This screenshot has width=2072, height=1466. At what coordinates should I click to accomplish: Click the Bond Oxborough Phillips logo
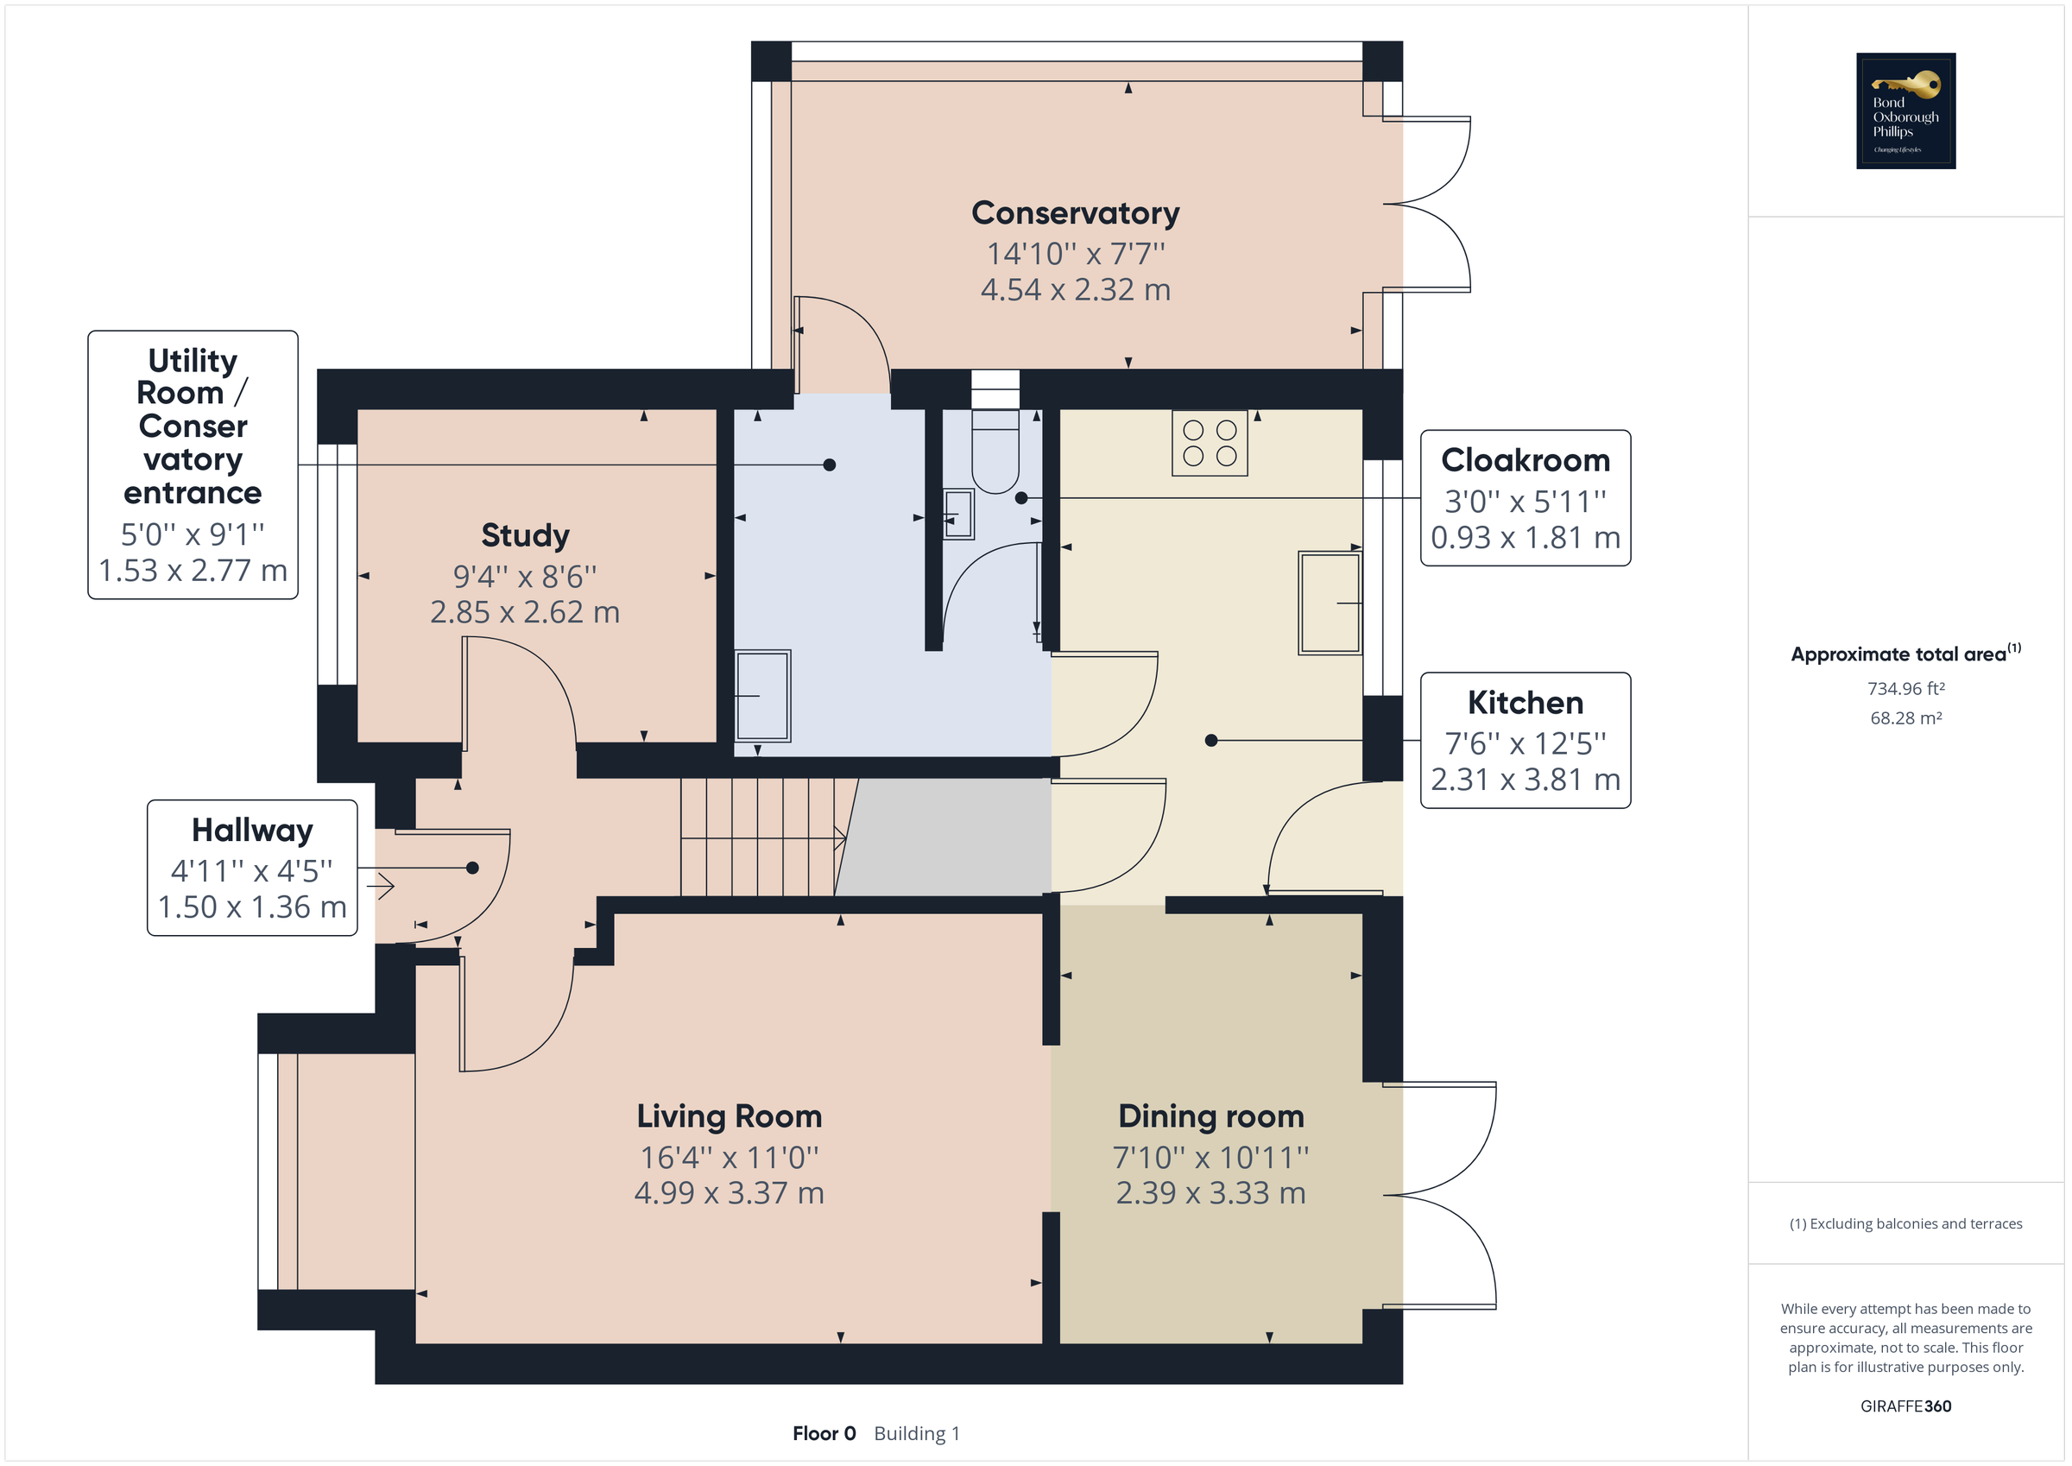pyautogui.click(x=1905, y=111)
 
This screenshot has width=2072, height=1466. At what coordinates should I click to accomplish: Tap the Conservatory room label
pyautogui.click(x=1075, y=213)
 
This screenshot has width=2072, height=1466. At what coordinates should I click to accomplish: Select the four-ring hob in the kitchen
pyautogui.click(x=1210, y=443)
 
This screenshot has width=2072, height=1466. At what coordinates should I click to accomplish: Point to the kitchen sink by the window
pyautogui.click(x=1329, y=603)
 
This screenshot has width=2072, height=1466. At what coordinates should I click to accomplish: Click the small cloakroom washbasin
pyautogui.click(x=957, y=514)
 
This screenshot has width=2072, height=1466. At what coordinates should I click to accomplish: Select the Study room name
pyautogui.click(x=525, y=535)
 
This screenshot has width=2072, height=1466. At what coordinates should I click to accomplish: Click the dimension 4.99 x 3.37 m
pyautogui.click(x=730, y=1193)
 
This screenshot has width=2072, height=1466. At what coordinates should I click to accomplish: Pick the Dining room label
pyautogui.click(x=1210, y=1116)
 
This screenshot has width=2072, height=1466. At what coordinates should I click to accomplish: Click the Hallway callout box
pyautogui.click(x=253, y=868)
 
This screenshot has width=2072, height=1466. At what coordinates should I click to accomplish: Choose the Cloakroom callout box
pyautogui.click(x=1526, y=498)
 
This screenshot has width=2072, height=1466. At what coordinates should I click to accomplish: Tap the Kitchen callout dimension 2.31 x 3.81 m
pyautogui.click(x=1526, y=780)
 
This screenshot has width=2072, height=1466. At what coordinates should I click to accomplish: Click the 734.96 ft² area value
pyautogui.click(x=1905, y=689)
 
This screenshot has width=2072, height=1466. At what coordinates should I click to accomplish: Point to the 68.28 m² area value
pyautogui.click(x=1905, y=718)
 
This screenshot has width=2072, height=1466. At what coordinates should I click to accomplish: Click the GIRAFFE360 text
pyautogui.click(x=1905, y=1406)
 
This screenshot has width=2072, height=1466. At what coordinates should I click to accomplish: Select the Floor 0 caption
pyautogui.click(x=823, y=1433)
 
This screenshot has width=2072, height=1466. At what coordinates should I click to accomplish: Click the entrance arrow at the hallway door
pyautogui.click(x=382, y=886)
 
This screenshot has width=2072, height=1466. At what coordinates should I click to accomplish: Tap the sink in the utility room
pyautogui.click(x=762, y=696)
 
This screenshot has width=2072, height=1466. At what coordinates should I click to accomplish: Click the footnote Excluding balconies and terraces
pyautogui.click(x=1905, y=1224)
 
